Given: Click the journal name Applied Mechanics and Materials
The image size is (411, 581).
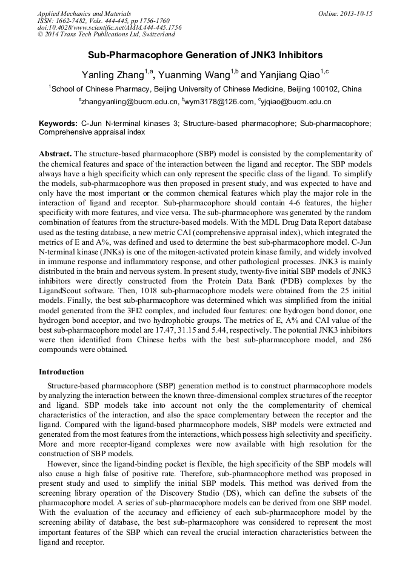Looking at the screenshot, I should point(84,13).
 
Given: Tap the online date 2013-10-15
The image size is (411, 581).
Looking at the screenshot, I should point(355,13).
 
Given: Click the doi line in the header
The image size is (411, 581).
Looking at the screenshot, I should point(109,27).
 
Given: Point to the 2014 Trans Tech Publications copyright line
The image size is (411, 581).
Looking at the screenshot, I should point(106,35).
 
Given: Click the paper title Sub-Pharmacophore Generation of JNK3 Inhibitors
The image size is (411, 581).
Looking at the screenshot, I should point(206,55).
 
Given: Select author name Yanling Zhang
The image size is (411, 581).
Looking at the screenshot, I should point(113,76).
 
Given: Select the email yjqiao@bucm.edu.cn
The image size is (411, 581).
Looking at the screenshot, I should point(296,102).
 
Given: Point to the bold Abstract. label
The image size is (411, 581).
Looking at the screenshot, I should point(55,154).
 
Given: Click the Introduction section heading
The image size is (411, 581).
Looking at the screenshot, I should point(61,371).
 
